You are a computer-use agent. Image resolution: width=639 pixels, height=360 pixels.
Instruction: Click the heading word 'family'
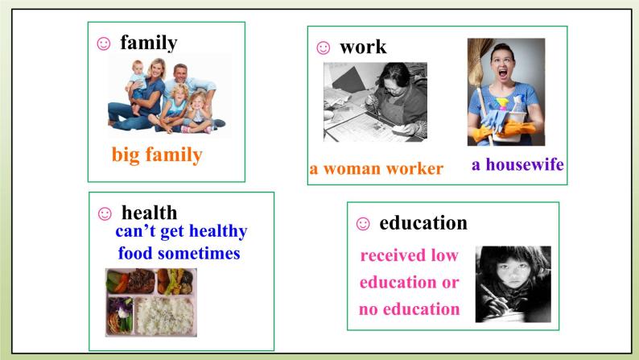coord(148,43)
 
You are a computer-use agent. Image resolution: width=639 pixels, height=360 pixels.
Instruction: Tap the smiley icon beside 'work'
coord(323,48)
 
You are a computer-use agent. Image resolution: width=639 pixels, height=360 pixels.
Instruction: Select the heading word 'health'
coord(149,213)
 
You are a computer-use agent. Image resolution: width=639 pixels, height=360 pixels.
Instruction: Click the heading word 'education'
coord(423,222)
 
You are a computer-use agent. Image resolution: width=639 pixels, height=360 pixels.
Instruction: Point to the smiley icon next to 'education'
coord(362,223)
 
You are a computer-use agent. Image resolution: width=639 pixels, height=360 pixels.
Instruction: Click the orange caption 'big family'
coord(157,155)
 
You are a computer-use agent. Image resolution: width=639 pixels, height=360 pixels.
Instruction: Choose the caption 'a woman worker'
coord(376,169)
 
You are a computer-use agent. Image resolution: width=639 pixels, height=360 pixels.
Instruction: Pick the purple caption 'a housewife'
coord(517,165)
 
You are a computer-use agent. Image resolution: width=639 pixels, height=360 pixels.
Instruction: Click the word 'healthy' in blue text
coord(213,232)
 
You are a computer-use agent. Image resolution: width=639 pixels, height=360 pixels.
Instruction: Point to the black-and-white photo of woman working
coord(375,102)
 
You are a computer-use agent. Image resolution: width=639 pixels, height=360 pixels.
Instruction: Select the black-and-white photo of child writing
coord(513,284)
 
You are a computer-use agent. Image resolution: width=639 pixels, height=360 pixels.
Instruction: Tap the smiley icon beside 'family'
coord(102,44)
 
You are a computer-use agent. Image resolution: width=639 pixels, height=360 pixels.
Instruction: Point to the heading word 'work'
coord(363,47)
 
